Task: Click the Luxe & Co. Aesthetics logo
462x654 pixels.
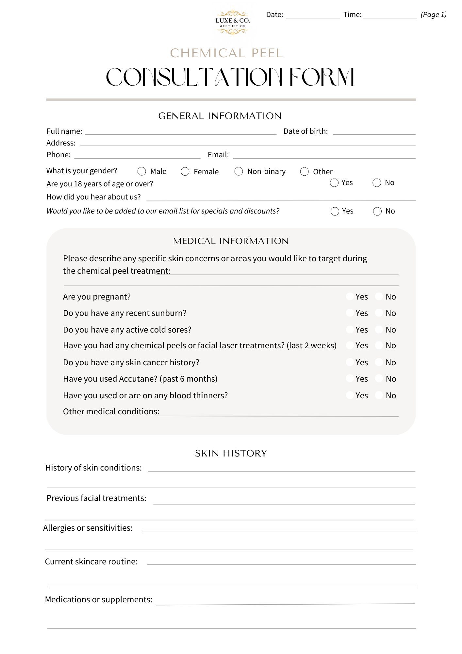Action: pos(232,22)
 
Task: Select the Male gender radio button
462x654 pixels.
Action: pos(141,171)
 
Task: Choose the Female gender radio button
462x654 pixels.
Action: pos(185,171)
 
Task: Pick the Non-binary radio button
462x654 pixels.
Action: pos(239,171)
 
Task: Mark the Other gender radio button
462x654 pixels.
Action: pos(304,171)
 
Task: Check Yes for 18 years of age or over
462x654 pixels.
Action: pos(334,182)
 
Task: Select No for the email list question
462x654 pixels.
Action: pos(377,211)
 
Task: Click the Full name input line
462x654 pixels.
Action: pos(180,131)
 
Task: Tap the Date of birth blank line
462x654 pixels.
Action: pos(374,131)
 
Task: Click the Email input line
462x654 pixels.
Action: pos(323,155)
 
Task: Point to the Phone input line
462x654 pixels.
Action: pos(137,155)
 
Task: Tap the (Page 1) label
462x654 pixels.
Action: pos(433,14)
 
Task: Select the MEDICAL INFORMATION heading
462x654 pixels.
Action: pos(231,241)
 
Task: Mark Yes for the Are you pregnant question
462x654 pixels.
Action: pos(350,297)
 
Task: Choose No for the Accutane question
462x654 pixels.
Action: pos(379,379)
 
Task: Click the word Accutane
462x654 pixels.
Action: pos(138,379)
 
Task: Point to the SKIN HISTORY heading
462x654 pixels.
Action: pos(231,453)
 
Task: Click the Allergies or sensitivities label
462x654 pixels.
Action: pos(88,528)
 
